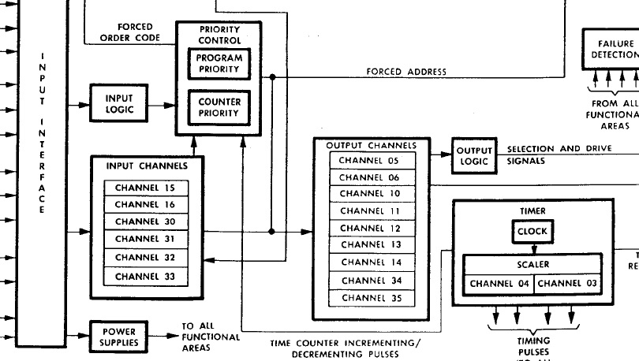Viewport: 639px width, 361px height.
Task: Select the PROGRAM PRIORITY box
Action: coord(219,64)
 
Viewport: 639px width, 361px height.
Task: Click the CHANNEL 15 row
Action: coord(145,188)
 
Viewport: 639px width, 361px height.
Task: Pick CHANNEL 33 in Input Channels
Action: coord(145,277)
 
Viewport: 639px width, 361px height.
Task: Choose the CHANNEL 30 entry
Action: coord(145,222)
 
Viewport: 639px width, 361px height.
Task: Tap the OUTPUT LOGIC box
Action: coord(475,156)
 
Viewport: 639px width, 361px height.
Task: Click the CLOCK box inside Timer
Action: coord(532,233)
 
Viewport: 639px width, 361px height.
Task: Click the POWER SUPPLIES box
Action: coord(120,337)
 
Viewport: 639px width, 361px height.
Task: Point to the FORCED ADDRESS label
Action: coord(406,72)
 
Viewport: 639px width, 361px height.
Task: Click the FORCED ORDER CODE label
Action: coord(126,33)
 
